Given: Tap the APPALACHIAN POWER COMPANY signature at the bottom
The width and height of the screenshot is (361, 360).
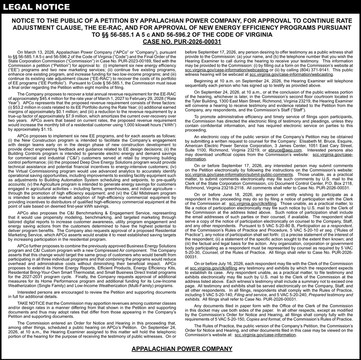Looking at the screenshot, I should pyautogui.click(x=182, y=348).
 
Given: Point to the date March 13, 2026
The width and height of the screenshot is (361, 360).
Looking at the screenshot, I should pyautogui.click(x=41, y=52).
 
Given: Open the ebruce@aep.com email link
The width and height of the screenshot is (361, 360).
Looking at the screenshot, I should pyautogui.click(x=284, y=150).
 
